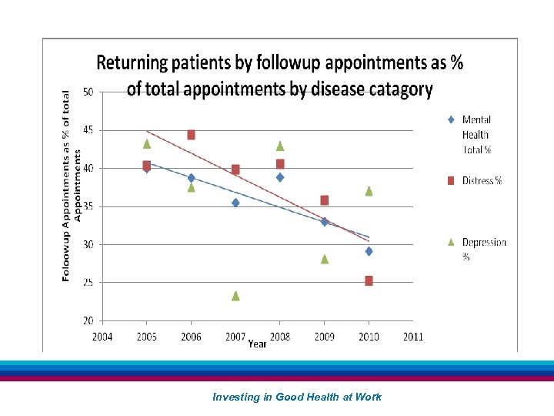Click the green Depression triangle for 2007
point(235,296)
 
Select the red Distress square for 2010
point(369,280)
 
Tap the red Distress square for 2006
point(191,135)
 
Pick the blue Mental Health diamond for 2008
point(280,177)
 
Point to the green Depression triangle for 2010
point(369,191)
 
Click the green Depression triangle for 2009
point(325,259)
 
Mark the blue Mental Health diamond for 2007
point(235,203)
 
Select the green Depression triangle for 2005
point(146,143)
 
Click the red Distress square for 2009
point(325,200)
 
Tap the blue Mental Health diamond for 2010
point(369,251)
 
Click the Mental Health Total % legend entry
point(476,134)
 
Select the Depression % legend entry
point(483,249)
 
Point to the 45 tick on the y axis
point(88,130)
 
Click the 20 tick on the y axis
point(88,320)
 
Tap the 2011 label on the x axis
point(413,337)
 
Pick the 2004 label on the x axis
point(102,337)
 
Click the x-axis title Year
point(257,344)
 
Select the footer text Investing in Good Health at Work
point(296,397)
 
